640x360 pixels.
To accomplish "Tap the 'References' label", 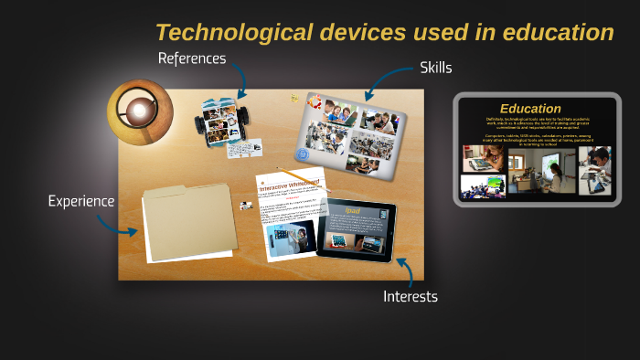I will pos(191,58).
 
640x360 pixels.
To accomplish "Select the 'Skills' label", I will pos(435,68).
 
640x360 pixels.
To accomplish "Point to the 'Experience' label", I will pos(81,201).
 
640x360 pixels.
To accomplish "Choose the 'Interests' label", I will pos(411,296).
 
